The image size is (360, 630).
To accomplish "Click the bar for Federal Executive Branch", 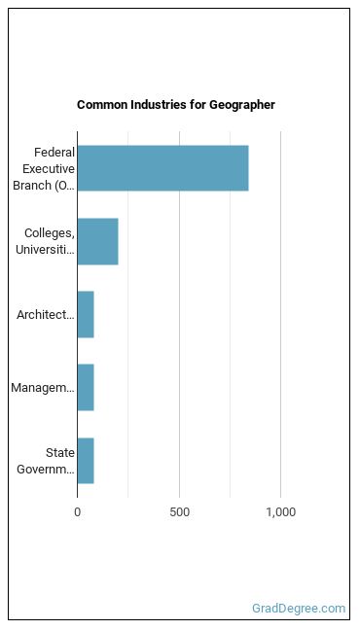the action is [162, 168].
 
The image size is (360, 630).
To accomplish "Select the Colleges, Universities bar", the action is [97, 241].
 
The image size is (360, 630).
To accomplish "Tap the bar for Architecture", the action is [86, 315].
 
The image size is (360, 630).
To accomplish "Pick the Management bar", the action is [86, 388].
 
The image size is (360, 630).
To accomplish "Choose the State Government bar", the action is [86, 461].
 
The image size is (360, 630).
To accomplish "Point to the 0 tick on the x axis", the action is [77, 512].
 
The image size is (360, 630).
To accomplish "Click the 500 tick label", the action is [179, 512].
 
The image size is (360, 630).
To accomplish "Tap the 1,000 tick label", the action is [281, 512].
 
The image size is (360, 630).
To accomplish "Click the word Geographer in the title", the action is [241, 105].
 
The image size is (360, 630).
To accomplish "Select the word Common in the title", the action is [100, 105].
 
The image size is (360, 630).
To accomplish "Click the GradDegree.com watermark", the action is [299, 609].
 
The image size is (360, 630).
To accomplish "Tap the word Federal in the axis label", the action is [54, 153].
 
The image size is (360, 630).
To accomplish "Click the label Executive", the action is [49, 169].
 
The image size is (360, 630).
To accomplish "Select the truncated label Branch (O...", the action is [44, 186].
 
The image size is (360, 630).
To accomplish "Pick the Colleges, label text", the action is [50, 233].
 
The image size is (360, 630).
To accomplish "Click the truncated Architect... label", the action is [46, 315].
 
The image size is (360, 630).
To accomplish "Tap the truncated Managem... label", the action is [43, 388].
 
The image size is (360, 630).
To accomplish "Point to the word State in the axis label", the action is [60, 453].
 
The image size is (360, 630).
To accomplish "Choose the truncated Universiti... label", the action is [45, 250].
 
